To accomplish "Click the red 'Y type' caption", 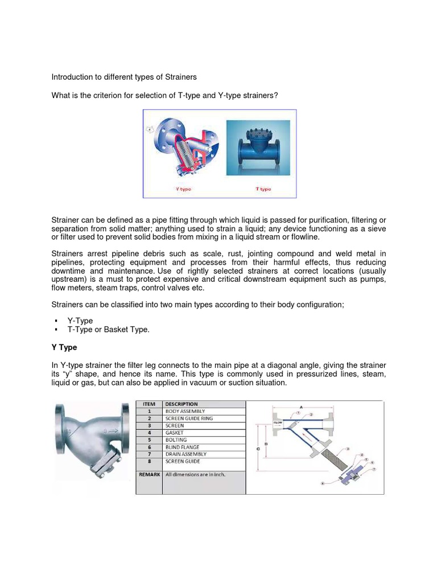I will [183, 189].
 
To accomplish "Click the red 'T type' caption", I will [263, 189].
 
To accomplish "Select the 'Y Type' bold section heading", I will [64, 347].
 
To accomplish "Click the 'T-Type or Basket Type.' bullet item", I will [108, 330].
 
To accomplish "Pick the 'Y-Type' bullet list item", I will [80, 321].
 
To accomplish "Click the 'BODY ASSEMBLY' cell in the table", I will [185, 411].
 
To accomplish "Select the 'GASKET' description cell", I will [175, 433].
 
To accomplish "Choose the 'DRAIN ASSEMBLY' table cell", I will [185, 454].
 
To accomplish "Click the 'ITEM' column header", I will [150, 404].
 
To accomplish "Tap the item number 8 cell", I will [150, 462].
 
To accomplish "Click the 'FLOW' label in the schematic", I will [278, 423].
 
